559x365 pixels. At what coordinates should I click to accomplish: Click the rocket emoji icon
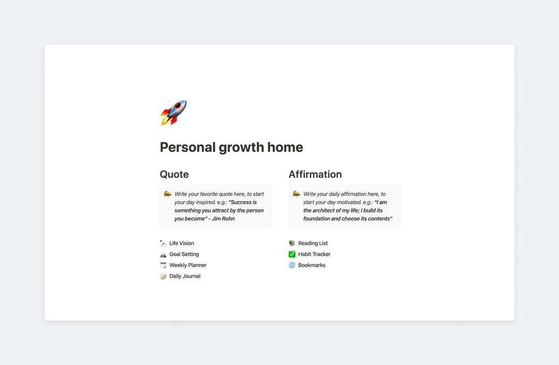click(173, 113)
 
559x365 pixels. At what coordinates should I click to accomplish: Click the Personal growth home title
click(231, 147)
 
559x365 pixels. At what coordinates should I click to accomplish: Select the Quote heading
click(174, 174)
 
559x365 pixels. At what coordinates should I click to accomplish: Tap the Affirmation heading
click(315, 174)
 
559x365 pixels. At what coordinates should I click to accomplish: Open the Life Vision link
click(181, 244)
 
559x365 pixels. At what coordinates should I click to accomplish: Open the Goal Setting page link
click(184, 254)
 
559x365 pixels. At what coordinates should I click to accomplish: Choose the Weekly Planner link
click(187, 265)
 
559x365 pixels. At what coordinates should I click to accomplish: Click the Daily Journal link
click(184, 276)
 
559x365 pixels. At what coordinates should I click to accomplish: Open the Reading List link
click(313, 244)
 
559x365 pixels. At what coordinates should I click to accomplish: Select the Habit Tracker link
click(314, 254)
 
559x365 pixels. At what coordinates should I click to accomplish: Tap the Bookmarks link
click(312, 265)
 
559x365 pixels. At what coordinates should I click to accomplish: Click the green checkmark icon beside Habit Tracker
click(292, 254)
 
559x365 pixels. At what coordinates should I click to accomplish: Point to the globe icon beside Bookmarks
click(292, 265)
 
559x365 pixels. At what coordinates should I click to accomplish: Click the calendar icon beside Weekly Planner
click(163, 265)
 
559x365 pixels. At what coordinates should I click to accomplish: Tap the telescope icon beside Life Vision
click(163, 244)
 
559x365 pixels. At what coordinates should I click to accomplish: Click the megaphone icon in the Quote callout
click(167, 194)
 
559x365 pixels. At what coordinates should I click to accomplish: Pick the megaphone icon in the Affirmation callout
click(296, 194)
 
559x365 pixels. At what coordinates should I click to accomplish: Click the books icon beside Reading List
click(292, 244)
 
